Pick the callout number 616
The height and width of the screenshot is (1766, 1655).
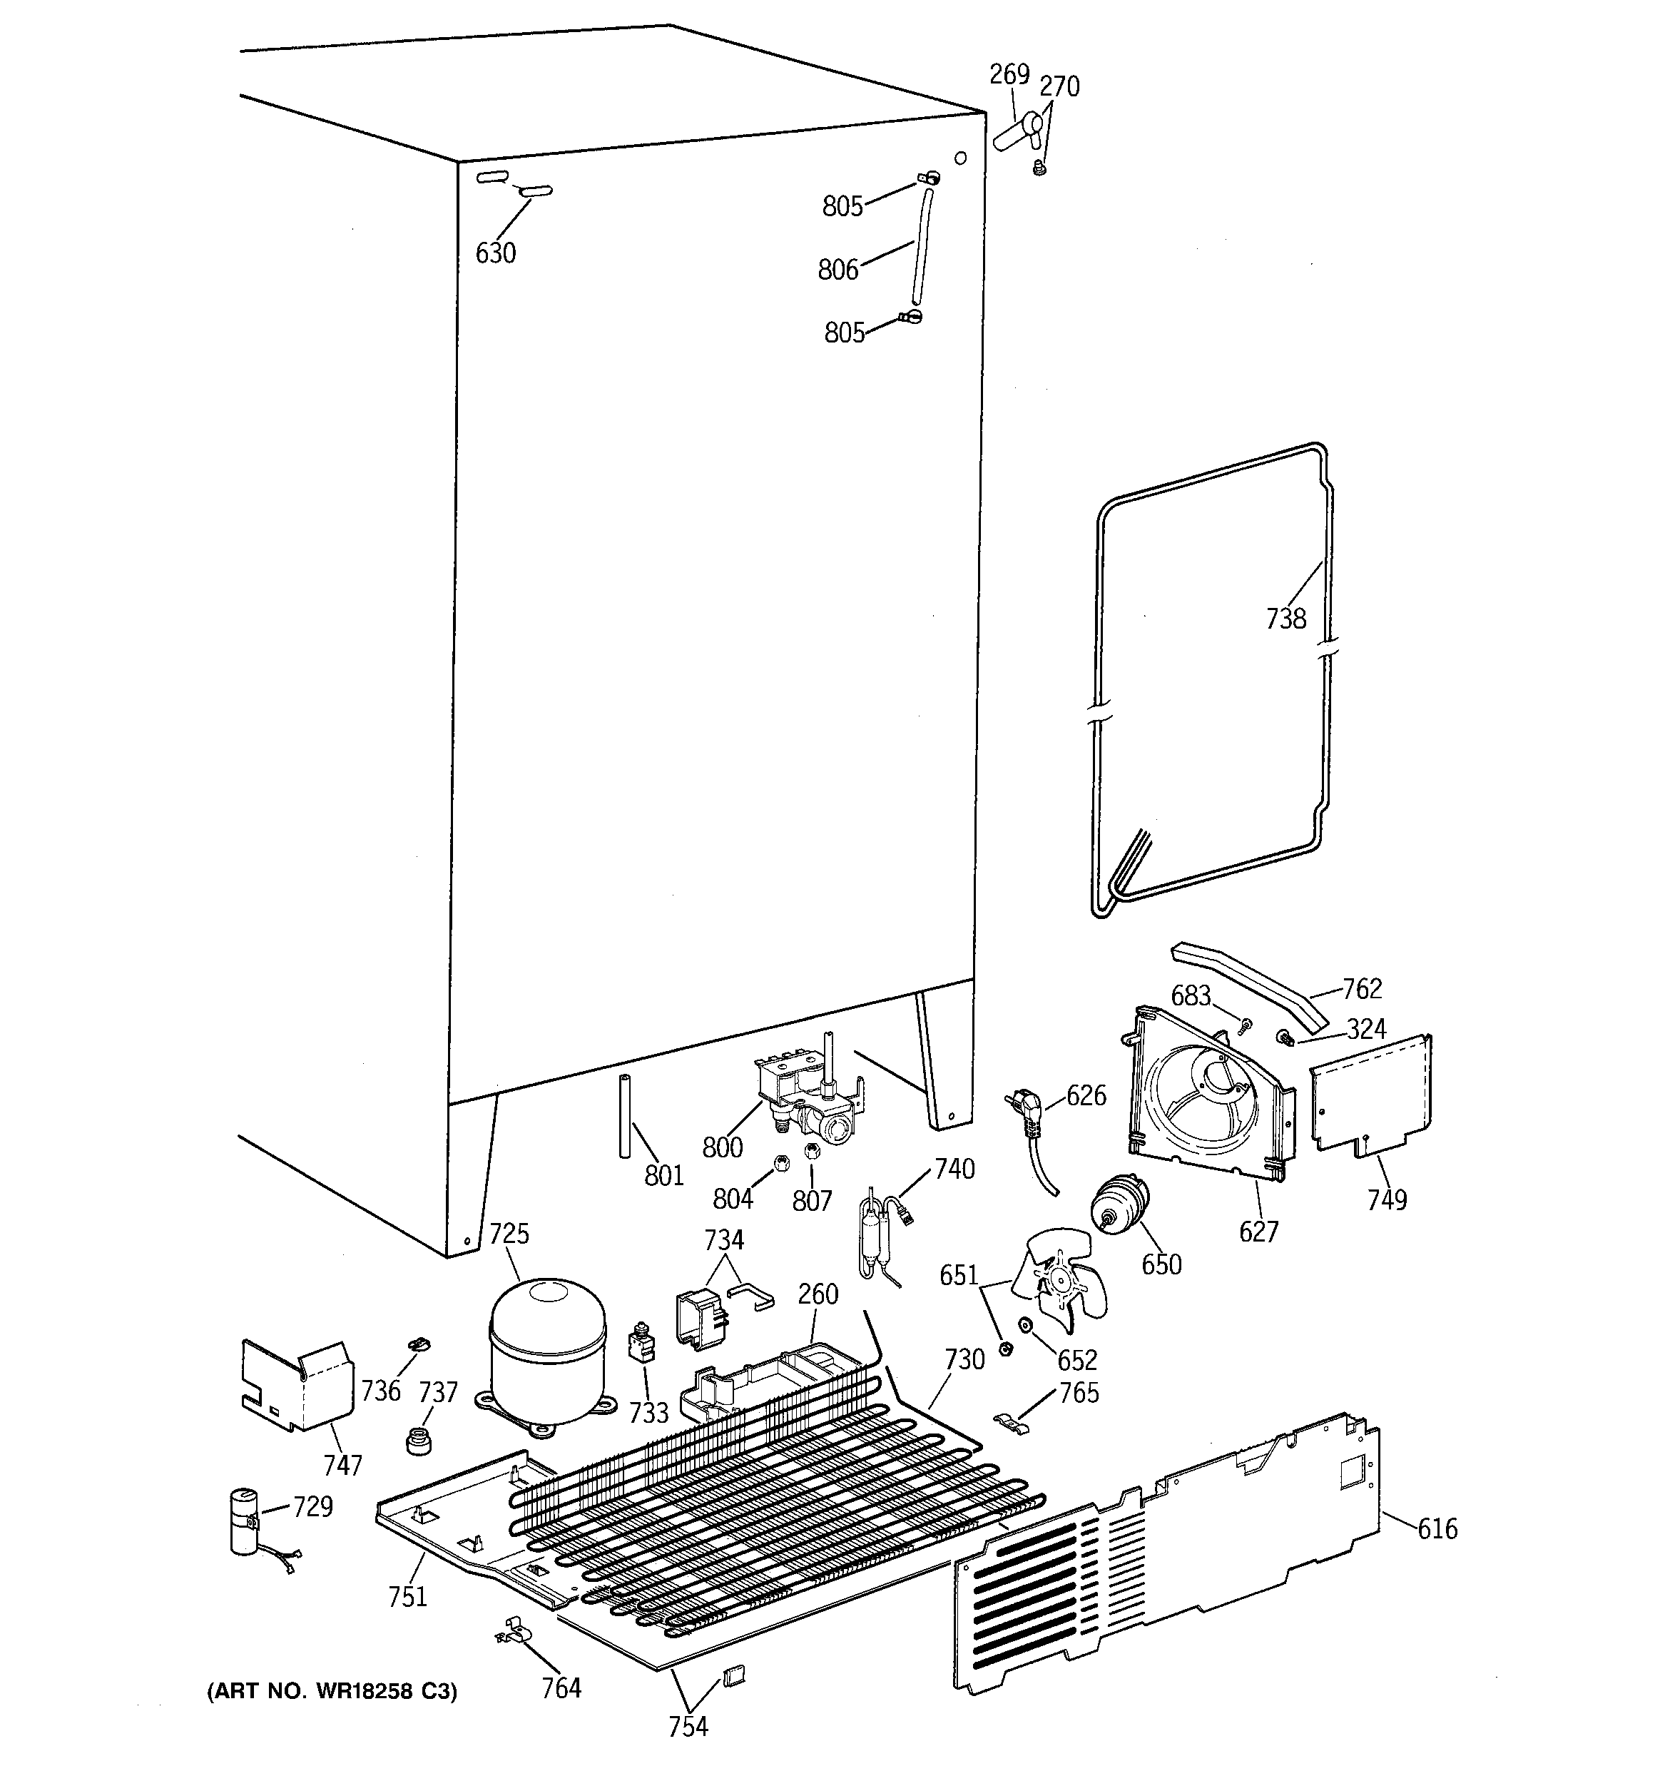point(1437,1528)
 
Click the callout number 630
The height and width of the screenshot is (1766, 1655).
point(495,253)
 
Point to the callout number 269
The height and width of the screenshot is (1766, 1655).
point(1009,75)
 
